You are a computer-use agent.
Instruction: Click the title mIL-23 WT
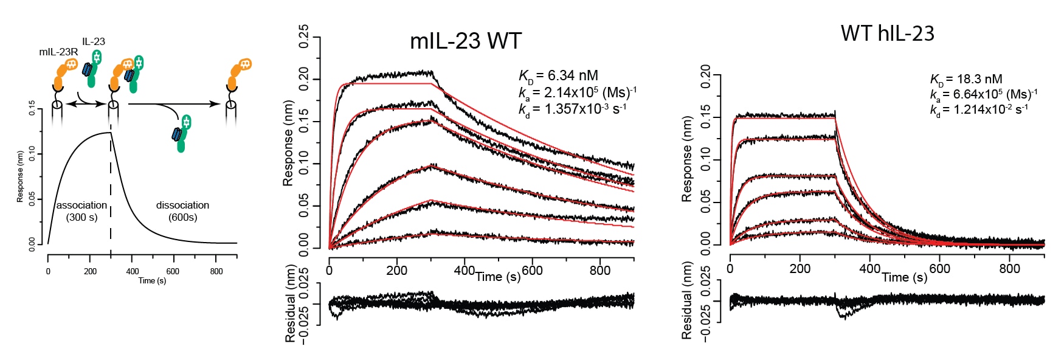click(x=466, y=41)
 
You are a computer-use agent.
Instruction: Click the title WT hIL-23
click(x=887, y=33)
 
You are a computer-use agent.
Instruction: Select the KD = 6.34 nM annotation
click(x=558, y=76)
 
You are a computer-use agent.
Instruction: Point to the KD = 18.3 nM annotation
click(x=966, y=79)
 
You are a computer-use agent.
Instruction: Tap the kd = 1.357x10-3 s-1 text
click(x=572, y=109)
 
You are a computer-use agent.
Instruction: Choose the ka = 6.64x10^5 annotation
click(x=983, y=94)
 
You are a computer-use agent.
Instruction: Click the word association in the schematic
click(x=81, y=206)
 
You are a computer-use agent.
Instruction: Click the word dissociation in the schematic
click(x=182, y=206)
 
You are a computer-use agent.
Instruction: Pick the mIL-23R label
click(x=58, y=52)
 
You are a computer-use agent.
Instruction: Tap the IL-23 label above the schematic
click(x=94, y=41)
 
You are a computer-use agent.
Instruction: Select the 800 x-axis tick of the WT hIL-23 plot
click(x=1010, y=269)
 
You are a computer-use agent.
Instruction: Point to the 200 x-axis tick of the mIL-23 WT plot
click(x=397, y=271)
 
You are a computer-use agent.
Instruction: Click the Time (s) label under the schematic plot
click(x=152, y=281)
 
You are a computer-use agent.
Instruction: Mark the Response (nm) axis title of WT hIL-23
click(x=687, y=159)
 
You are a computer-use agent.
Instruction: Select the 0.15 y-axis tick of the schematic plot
click(x=32, y=109)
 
